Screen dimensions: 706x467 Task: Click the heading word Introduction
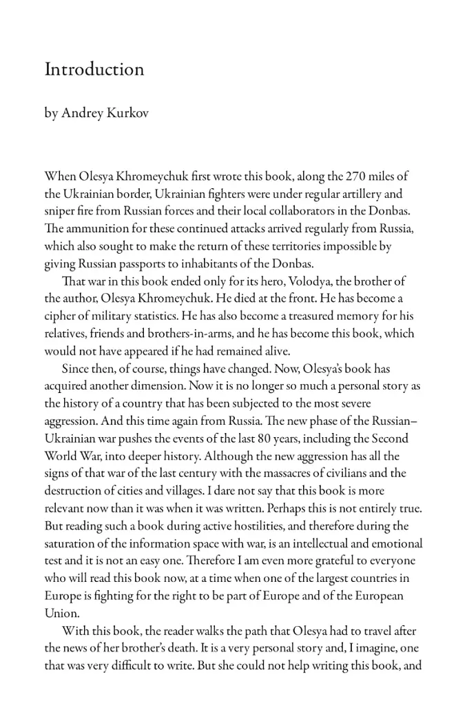pos(94,70)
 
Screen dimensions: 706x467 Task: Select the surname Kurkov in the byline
pos(127,113)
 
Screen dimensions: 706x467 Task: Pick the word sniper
pos(61,211)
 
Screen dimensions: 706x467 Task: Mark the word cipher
pos(61,316)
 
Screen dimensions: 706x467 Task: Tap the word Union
pos(61,612)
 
